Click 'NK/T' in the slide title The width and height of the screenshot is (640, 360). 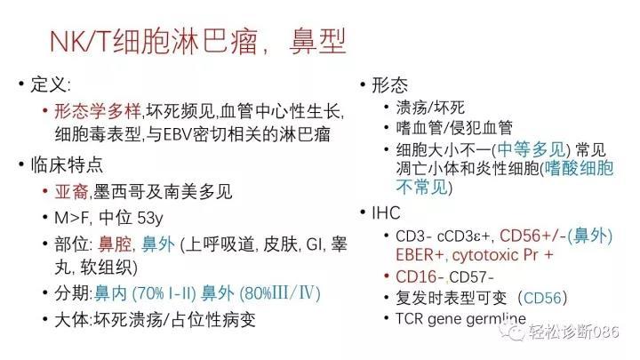[80, 42]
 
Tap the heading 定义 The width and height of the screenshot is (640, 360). [48, 85]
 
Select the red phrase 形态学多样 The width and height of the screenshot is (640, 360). [98, 111]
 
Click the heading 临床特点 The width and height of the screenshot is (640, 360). [67, 165]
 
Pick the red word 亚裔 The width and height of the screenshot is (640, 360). [72, 191]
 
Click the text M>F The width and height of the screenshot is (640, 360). [71, 218]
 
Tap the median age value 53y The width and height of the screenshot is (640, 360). [150, 218]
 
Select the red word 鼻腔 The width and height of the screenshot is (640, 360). [115, 244]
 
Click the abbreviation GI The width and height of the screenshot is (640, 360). [314, 244]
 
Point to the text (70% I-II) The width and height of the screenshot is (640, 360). [164, 293]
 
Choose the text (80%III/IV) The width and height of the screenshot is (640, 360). [280, 293]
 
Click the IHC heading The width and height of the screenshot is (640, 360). [386, 212]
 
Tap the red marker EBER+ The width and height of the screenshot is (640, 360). [420, 255]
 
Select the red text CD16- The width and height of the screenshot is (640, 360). [420, 276]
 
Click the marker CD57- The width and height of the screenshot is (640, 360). [471, 277]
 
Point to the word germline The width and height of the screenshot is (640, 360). [496, 318]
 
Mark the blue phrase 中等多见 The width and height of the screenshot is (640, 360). [531, 150]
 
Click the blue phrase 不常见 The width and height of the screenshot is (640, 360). [421, 188]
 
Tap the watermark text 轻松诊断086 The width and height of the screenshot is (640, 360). [574, 331]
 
